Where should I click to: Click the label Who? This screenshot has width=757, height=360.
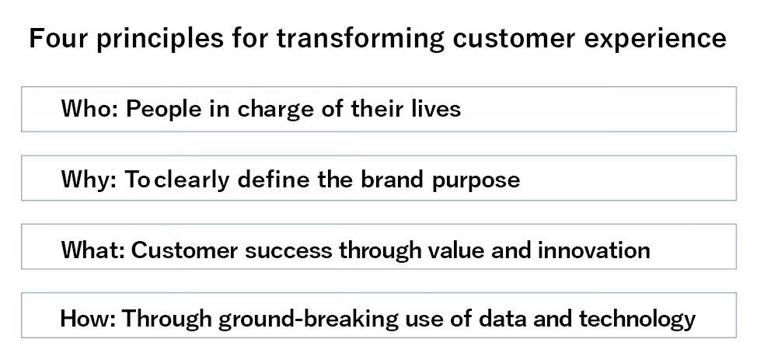pyautogui.click(x=90, y=109)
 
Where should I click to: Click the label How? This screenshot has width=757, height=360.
pyautogui.click(x=88, y=319)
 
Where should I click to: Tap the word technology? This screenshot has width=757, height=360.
pyautogui.click(x=637, y=319)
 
